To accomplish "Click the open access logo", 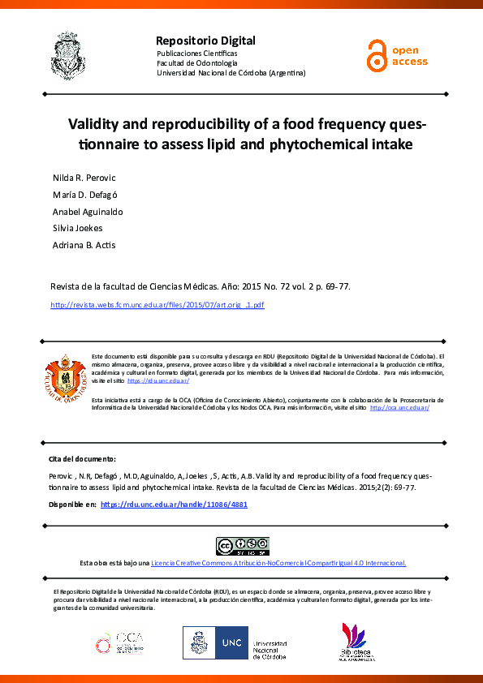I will tap(396, 55).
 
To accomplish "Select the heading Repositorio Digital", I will tap(205, 41).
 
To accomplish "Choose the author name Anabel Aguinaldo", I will tap(87, 211).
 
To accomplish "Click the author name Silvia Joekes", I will tap(76, 228).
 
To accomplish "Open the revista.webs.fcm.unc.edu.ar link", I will tap(157, 305).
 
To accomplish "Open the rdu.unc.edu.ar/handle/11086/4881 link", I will tap(174, 504).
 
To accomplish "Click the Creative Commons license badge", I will tap(241, 546).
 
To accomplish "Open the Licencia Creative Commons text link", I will tap(278, 563).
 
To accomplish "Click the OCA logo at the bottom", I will tap(119, 643).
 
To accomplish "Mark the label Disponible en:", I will tap(73, 504).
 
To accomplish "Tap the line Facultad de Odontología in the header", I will tap(196, 62).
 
